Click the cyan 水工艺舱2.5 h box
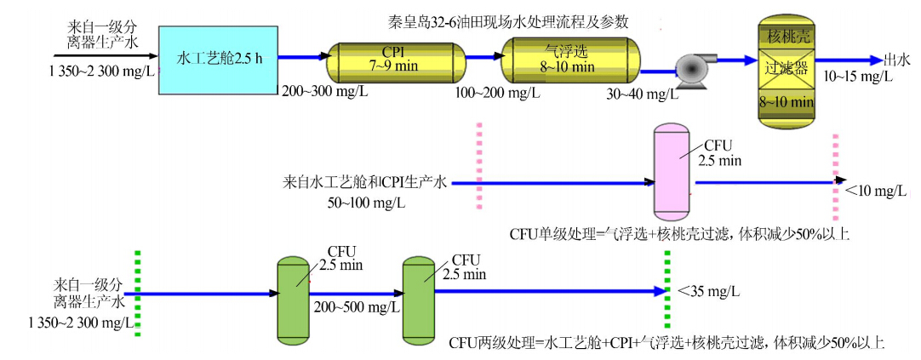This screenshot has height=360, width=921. coord(219,59)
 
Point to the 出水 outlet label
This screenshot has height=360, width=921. coord(899,59)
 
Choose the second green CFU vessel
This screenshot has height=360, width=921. coord(419,297)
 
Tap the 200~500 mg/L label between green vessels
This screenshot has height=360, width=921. coord(351,306)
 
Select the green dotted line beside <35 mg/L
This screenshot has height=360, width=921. coord(667,291)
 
